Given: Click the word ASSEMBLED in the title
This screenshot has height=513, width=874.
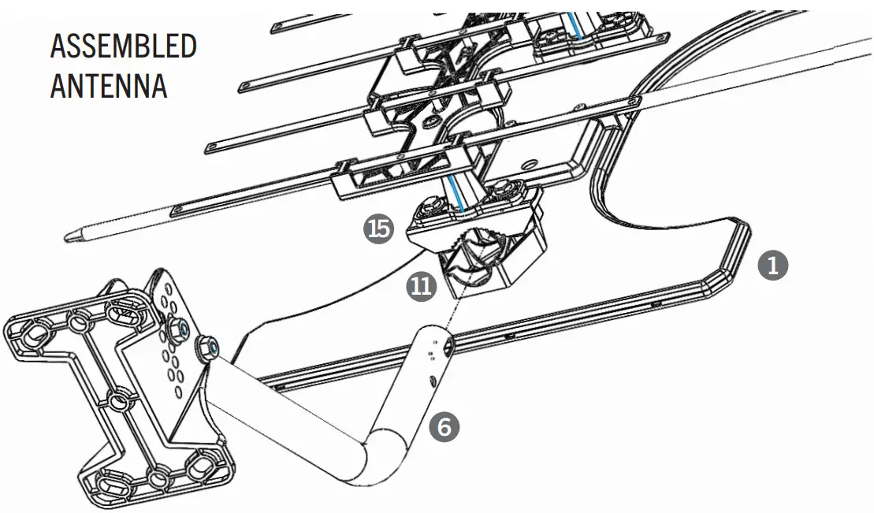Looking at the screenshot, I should pos(123,47).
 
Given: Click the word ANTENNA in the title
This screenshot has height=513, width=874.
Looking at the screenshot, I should pos(109,86).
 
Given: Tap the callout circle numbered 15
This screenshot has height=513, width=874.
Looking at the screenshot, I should pos(379,229).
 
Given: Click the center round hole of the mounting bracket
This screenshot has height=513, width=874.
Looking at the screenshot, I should pos(117,403).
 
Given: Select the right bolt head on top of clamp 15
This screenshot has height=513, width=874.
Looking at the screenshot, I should pos(501,191).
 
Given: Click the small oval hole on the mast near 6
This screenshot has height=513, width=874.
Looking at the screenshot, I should pos(434,381).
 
